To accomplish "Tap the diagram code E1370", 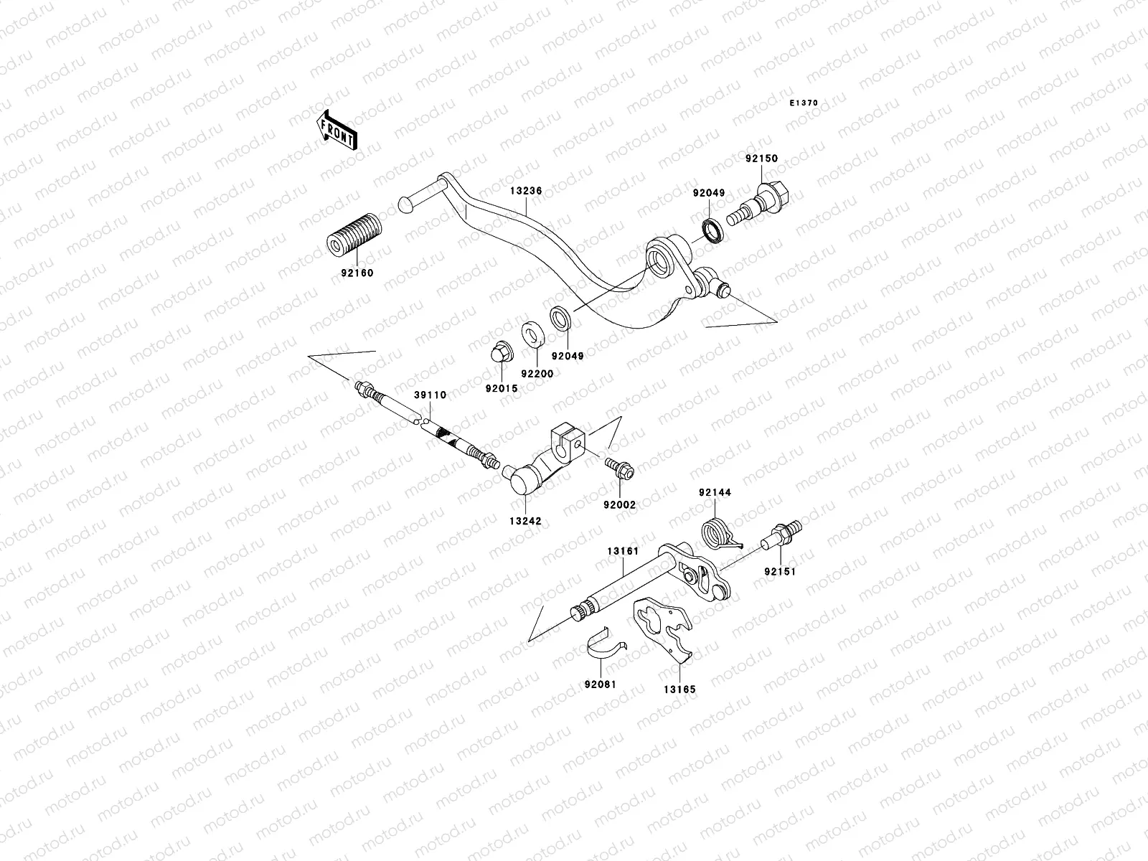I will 804,103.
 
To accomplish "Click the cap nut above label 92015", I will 499,354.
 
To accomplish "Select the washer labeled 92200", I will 532,334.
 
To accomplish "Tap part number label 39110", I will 430,395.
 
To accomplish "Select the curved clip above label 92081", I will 604,642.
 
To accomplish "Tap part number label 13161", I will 622,551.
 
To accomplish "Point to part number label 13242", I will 526,522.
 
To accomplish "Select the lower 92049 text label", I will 568,355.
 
